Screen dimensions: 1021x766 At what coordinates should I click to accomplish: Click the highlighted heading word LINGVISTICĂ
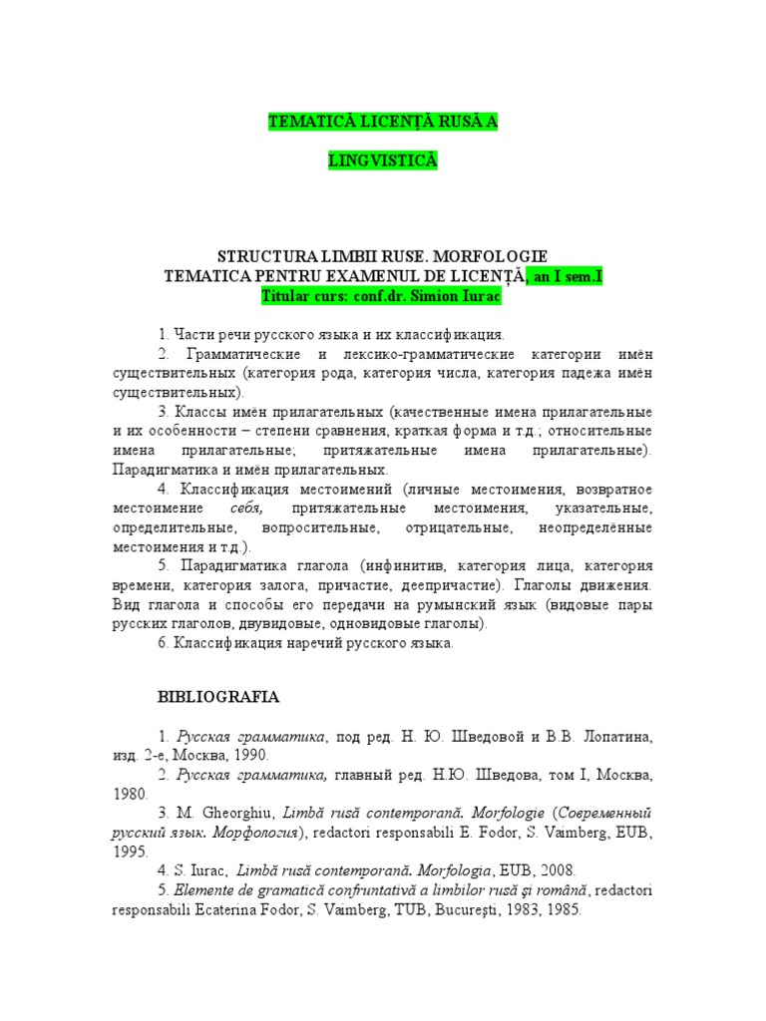pos(382,161)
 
